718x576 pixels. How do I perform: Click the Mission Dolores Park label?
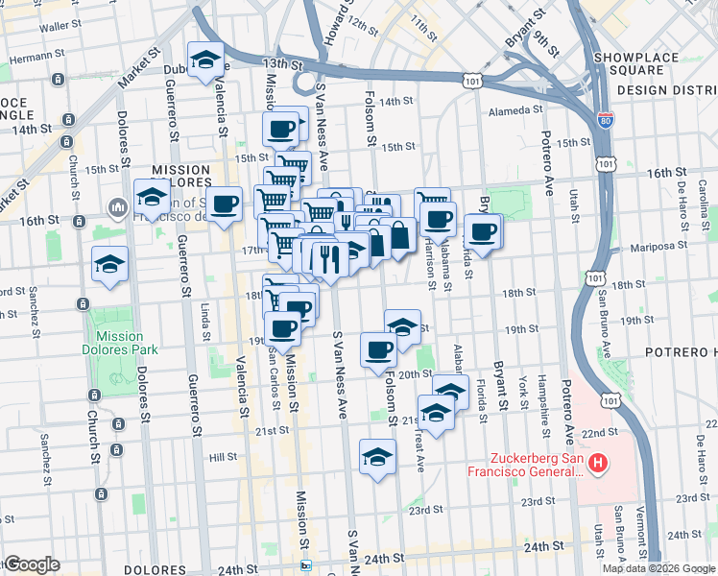(120, 344)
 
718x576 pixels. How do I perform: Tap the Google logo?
(32, 564)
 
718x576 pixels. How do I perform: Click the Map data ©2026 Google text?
(658, 568)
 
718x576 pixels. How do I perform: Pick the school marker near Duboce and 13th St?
(205, 60)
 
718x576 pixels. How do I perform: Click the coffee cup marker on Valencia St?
(225, 204)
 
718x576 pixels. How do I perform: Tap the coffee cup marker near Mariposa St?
(483, 231)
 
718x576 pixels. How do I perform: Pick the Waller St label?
(60, 27)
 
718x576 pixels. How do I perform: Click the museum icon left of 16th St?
(118, 208)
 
